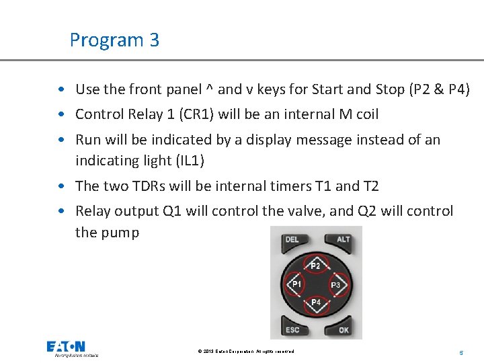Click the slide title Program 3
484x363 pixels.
point(114,40)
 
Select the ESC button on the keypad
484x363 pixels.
point(292,329)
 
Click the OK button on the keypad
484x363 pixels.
point(343,329)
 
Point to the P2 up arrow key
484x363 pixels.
point(316,265)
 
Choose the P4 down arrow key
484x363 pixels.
point(316,304)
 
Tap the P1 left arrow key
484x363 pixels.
point(296,284)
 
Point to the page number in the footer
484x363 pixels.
point(461,352)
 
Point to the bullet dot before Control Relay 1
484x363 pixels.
point(61,115)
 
